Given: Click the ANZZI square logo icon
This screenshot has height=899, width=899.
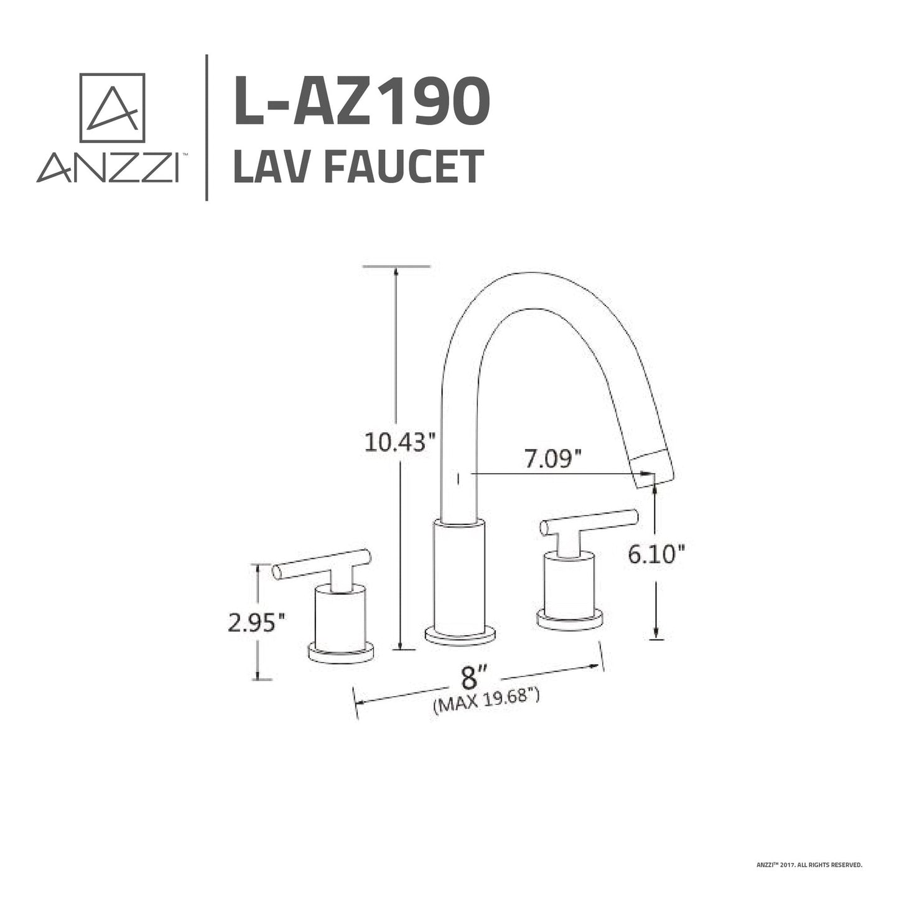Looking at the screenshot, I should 112,108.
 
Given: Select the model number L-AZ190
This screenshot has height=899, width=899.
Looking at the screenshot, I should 361,100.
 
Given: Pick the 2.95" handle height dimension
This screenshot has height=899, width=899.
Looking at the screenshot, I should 256,622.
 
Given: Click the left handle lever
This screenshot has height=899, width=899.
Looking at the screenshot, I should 322,562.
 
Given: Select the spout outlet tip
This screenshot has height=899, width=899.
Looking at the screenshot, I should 653,470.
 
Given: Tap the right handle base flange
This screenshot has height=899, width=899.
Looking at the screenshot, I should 569,619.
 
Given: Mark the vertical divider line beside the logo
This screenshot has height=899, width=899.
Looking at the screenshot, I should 207,128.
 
